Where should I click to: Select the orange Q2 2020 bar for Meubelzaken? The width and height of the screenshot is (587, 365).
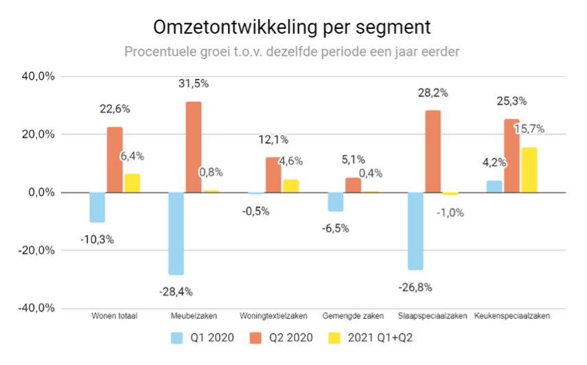[194, 147]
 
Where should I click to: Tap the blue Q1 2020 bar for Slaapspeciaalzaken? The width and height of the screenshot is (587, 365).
[415, 231]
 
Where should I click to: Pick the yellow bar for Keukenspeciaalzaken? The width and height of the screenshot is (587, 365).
[529, 170]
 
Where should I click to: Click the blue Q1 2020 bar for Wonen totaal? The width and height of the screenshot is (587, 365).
[97, 207]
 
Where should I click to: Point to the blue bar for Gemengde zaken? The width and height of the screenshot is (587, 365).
[336, 201]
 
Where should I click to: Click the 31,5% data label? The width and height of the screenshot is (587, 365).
[194, 84]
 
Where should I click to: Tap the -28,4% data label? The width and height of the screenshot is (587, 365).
[176, 291]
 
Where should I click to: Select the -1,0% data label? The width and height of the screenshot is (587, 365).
[450, 212]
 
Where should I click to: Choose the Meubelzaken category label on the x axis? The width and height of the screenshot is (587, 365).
[194, 316]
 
